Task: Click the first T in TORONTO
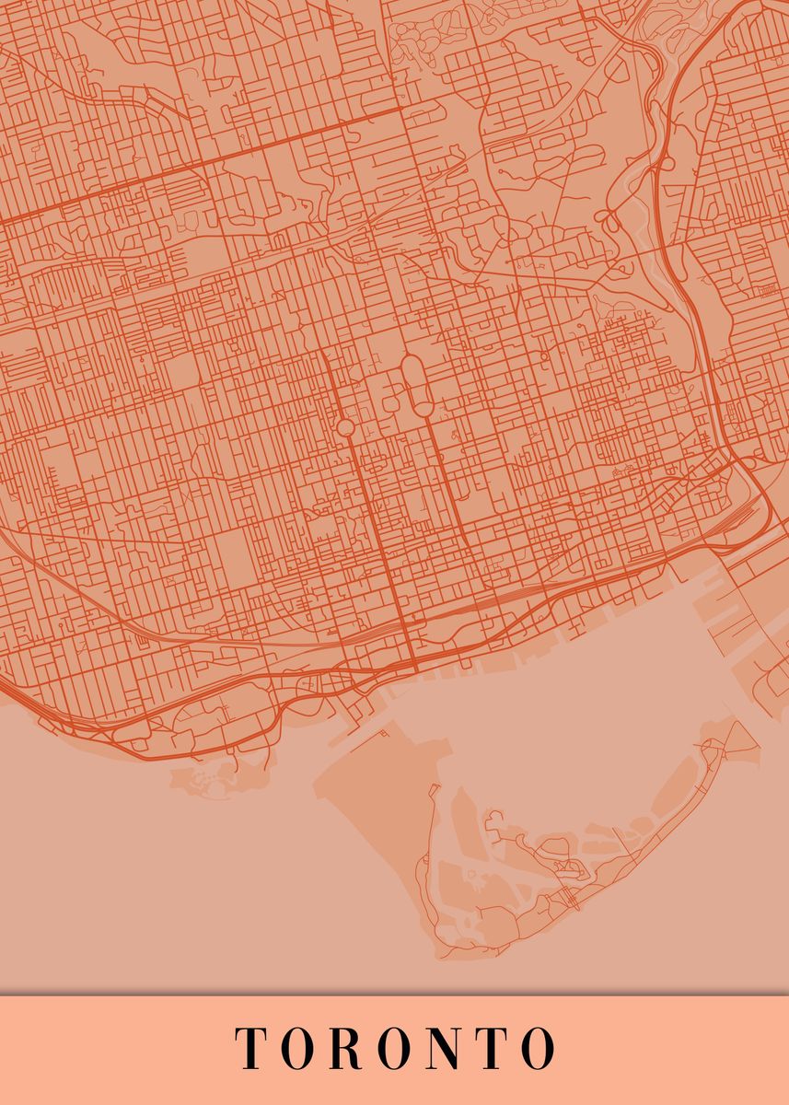click(250, 1048)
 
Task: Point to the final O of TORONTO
click(537, 1048)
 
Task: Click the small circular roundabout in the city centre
click(345, 427)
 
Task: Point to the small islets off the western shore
click(207, 781)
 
